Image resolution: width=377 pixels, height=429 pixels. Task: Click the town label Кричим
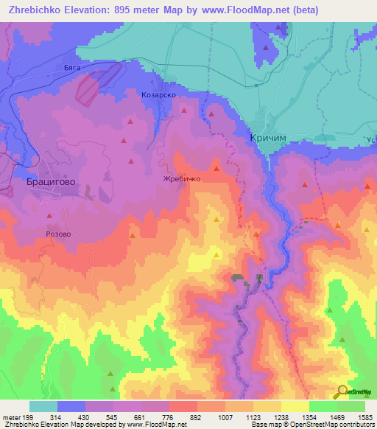coord(262,139)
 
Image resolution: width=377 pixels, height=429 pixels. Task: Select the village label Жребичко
coord(182,178)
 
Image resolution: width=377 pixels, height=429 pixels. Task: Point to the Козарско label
coord(158,95)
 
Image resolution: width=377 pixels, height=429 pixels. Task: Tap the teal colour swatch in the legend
coord(43,406)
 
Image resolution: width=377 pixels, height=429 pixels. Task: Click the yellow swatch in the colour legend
coord(295,406)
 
